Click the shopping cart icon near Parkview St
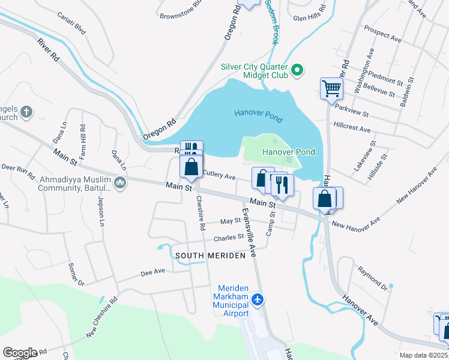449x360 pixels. (331, 89)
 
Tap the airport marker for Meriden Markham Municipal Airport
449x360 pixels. (258, 299)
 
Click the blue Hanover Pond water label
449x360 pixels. (258, 113)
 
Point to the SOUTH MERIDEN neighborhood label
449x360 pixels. (210, 256)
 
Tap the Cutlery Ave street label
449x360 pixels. (218, 176)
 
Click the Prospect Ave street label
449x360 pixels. (383, 33)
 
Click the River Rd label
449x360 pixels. (48, 51)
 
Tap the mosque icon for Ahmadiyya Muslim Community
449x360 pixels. (120, 183)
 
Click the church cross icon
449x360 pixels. (25, 111)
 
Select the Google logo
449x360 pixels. (19, 353)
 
